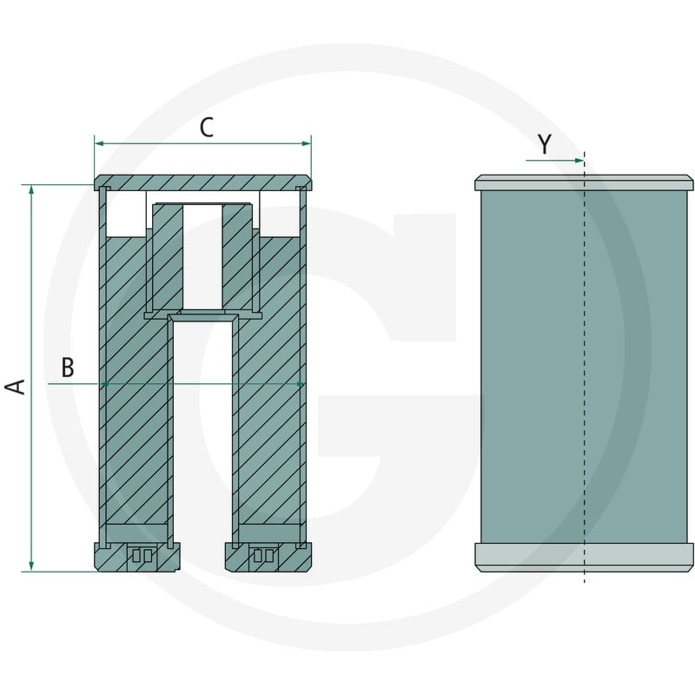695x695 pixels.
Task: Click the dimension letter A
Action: click(x=15, y=387)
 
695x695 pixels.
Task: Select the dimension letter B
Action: click(x=68, y=367)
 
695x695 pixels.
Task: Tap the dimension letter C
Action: click(x=207, y=128)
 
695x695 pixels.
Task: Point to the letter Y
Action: click(x=545, y=143)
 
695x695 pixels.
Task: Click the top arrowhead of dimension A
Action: click(x=31, y=189)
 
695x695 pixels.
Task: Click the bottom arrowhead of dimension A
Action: click(x=31, y=566)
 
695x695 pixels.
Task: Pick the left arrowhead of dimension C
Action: click(x=99, y=143)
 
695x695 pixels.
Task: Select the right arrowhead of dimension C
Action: click(x=307, y=143)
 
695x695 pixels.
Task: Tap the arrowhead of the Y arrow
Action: click(x=579, y=161)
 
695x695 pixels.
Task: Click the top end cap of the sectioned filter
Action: click(x=202, y=182)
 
